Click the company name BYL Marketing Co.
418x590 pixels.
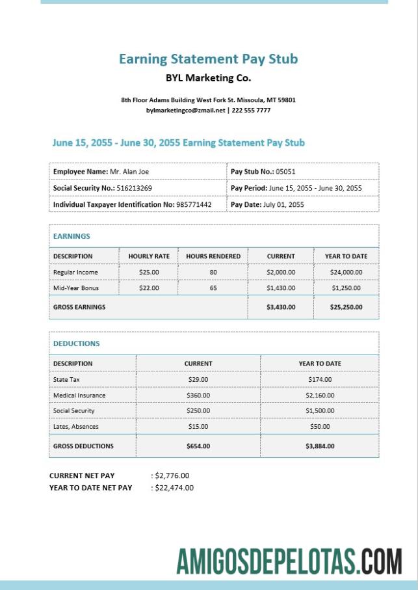pyautogui.click(x=208, y=78)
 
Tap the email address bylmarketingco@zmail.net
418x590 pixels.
pyautogui.click(x=185, y=111)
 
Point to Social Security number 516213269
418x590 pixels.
pyautogui.click(x=135, y=188)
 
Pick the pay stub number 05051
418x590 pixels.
pyautogui.click(x=285, y=172)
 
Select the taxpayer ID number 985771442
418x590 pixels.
pyautogui.click(x=194, y=204)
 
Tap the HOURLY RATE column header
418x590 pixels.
pyautogui.click(x=149, y=256)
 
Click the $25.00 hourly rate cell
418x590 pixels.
pyautogui.click(x=149, y=272)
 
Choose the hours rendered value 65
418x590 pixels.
pyautogui.click(x=213, y=288)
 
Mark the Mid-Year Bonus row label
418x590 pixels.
pyautogui.click(x=76, y=288)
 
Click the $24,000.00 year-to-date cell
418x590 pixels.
pyautogui.click(x=346, y=272)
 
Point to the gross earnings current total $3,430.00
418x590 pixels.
pyautogui.click(x=281, y=307)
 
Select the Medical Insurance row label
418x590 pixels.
pyautogui.click(x=79, y=396)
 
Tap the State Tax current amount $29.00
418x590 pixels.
pyautogui.click(x=198, y=379)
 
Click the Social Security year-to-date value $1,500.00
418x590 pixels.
pyautogui.click(x=320, y=411)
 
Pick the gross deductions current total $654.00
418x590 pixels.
pyautogui.click(x=198, y=446)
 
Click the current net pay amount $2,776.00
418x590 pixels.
pyautogui.click(x=172, y=476)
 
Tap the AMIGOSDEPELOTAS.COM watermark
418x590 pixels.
pyautogui.click(x=289, y=561)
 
